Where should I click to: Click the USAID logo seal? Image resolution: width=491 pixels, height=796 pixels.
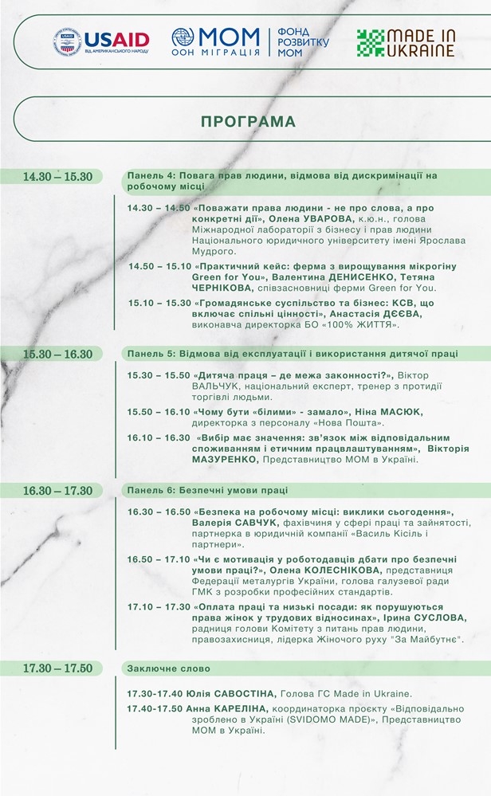click(68, 41)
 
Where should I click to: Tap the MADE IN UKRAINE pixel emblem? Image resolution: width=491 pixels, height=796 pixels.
click(370, 42)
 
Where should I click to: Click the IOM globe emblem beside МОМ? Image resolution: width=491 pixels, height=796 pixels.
click(183, 37)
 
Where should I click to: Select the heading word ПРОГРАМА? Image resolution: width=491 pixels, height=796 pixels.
click(248, 122)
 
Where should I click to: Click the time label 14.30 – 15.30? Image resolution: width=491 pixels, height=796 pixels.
click(57, 176)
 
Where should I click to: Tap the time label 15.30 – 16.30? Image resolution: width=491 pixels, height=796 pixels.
click(57, 354)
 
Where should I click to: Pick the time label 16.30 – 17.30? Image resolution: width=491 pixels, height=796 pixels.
click(57, 490)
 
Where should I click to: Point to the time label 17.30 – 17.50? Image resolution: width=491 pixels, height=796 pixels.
click(57, 669)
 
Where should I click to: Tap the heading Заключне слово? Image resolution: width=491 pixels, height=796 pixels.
click(169, 669)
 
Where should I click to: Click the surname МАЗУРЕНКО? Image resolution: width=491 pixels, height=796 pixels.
click(161, 460)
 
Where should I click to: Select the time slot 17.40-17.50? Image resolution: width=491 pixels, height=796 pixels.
click(155, 707)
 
